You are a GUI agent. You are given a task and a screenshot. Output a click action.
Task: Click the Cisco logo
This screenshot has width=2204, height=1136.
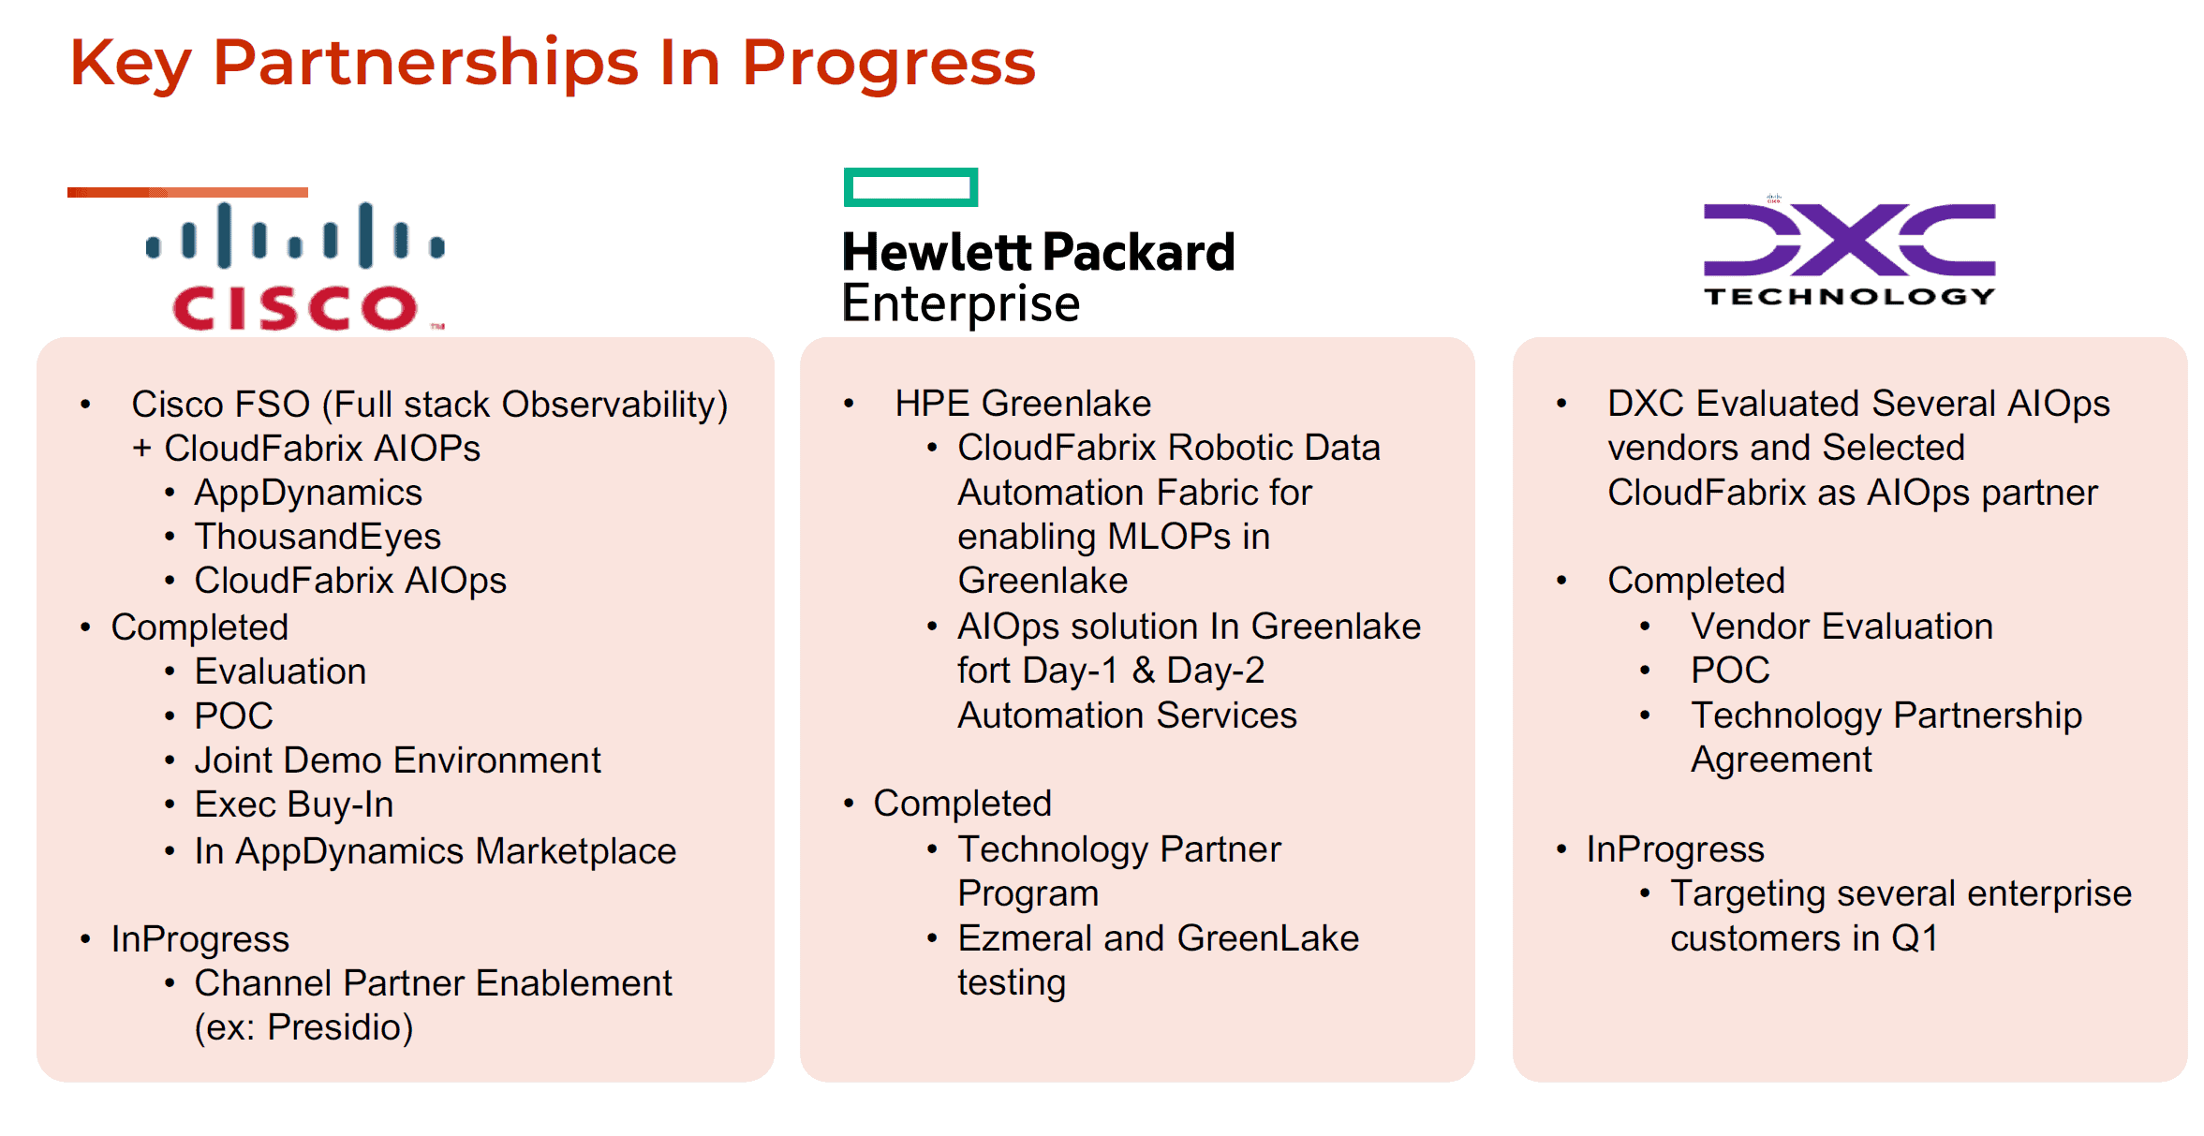[296, 266]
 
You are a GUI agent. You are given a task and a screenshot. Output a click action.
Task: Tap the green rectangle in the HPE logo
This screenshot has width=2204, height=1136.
[910, 187]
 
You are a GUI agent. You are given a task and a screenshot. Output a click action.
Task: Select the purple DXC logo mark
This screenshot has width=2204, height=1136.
[1849, 240]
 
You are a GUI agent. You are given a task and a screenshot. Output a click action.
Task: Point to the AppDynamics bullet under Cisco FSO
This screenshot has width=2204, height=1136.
[308, 493]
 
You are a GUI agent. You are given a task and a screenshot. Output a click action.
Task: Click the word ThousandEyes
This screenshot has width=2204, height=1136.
[318, 537]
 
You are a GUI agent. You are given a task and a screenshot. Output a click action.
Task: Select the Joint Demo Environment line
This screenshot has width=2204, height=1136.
[397, 760]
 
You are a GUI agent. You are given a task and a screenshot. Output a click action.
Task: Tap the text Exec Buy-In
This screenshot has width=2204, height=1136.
[294, 804]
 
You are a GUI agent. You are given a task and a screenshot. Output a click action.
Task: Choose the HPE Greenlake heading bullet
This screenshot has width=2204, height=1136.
[1023, 404]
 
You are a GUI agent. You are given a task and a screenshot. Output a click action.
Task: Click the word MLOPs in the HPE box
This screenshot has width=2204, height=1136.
[1169, 537]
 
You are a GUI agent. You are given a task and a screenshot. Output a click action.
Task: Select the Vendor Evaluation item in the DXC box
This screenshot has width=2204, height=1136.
[1842, 627]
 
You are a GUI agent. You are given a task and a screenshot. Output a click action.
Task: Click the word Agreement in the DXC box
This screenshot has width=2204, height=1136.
[1781, 760]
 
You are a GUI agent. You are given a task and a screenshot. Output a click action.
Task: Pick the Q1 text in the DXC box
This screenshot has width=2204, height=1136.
[1915, 938]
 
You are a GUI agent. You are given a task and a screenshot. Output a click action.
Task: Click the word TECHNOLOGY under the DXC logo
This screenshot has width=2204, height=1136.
[1849, 296]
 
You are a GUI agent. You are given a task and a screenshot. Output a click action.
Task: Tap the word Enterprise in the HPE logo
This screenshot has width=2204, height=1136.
[961, 303]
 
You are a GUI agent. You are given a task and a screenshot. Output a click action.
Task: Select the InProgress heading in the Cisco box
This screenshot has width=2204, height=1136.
[200, 939]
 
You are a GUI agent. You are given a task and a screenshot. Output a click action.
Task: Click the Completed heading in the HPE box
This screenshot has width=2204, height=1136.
[962, 804]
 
